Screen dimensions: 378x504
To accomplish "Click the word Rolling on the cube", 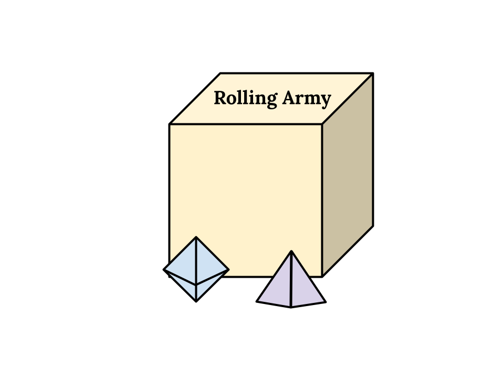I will pyautogui.click(x=246, y=99).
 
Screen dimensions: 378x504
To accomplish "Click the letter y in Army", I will pyautogui.click(x=325, y=100).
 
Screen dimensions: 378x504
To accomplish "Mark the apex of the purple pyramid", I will pyautogui.click(x=291, y=251).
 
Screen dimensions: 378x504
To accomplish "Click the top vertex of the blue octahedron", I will pyautogui.click(x=196, y=237).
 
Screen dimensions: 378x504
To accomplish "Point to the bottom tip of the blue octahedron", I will pyautogui.click(x=196, y=299).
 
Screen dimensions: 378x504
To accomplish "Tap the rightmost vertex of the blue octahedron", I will pyautogui.click(x=228, y=270).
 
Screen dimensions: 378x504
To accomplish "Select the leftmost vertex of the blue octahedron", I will pyautogui.click(x=166, y=270).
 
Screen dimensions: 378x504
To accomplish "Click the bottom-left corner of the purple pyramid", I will pyautogui.click(x=259, y=301).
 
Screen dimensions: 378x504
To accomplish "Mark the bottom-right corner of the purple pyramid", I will pyautogui.click(x=323, y=301).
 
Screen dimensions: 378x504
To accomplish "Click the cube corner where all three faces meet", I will pyautogui.click(x=322, y=124).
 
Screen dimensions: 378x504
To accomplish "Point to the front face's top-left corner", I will pyautogui.click(x=171, y=124).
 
